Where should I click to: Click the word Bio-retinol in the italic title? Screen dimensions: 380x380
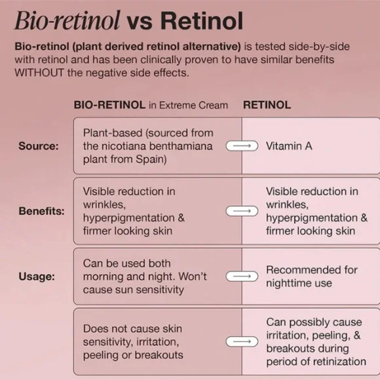[67, 20]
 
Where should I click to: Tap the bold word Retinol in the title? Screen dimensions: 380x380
[202, 21]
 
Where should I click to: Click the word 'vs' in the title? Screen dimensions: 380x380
[140, 24]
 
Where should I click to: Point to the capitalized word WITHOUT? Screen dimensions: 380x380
[39, 73]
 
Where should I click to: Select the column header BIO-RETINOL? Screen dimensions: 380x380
[109, 105]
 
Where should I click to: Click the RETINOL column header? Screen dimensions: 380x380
[267, 105]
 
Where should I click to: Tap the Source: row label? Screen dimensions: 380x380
[39, 146]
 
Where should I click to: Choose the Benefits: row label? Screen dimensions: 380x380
[42, 211]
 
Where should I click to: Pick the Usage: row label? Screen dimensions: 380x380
[37, 276]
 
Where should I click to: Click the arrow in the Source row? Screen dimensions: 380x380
[242, 146]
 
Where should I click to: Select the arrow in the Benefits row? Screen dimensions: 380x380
[242, 211]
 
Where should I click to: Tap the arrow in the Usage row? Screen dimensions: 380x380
[242, 276]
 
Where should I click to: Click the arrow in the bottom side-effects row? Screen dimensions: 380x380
[242, 342]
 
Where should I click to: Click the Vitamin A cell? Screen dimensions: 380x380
[289, 146]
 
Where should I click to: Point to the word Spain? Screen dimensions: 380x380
[150, 159]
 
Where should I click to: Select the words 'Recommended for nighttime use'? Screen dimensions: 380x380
[312, 276]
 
